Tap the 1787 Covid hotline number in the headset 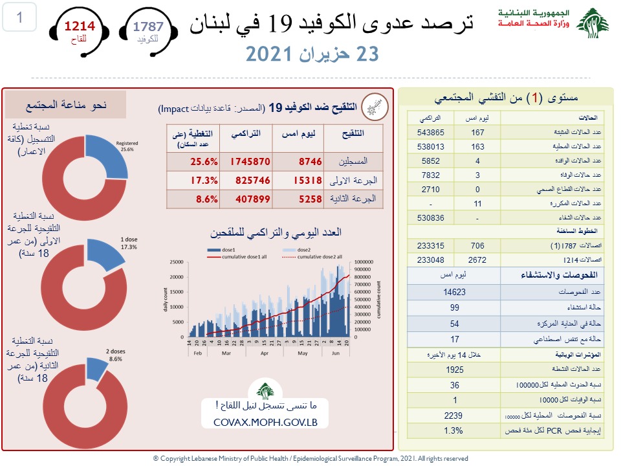[148, 27]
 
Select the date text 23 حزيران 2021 [311, 55]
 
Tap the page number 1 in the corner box [19, 17]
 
